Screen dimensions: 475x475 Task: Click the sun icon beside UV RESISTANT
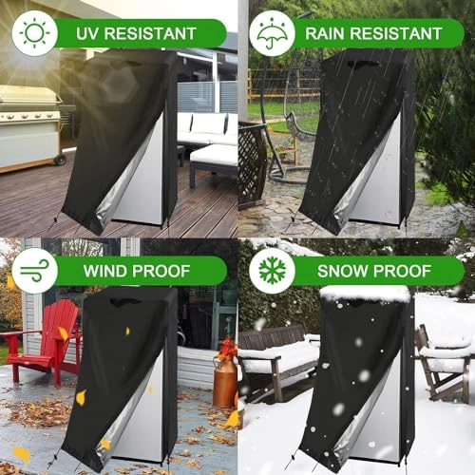point(34,33)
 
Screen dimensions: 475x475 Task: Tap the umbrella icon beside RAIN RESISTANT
point(272,33)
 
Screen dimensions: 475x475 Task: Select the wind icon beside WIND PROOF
point(34,271)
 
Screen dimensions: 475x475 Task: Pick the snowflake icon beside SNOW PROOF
point(272,271)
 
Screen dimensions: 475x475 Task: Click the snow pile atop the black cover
point(366,294)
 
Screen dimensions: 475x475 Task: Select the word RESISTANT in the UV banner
point(157,34)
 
